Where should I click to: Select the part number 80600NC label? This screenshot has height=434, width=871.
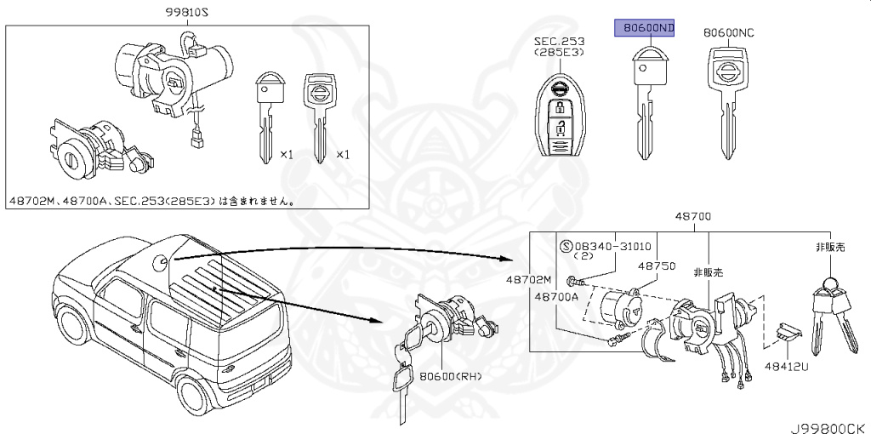[x=728, y=33]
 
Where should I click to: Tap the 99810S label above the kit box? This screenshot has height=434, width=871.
[x=187, y=13]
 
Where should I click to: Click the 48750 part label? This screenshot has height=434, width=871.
[x=657, y=266]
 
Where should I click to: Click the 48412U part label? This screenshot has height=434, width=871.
[x=788, y=365]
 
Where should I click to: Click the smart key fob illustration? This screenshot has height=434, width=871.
[x=559, y=118]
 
